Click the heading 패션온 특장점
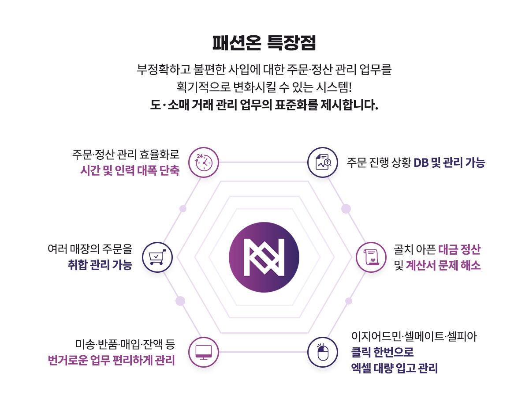point(264,43)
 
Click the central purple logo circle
point(264,257)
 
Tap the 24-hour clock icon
point(204,162)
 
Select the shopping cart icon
point(157,257)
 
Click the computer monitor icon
point(204,352)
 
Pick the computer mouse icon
point(323,352)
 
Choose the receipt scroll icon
point(371,257)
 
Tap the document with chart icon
point(323,162)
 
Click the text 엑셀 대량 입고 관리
point(394,368)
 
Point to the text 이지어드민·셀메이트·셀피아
point(414,337)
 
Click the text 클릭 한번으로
point(382,353)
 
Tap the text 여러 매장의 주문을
point(89,249)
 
